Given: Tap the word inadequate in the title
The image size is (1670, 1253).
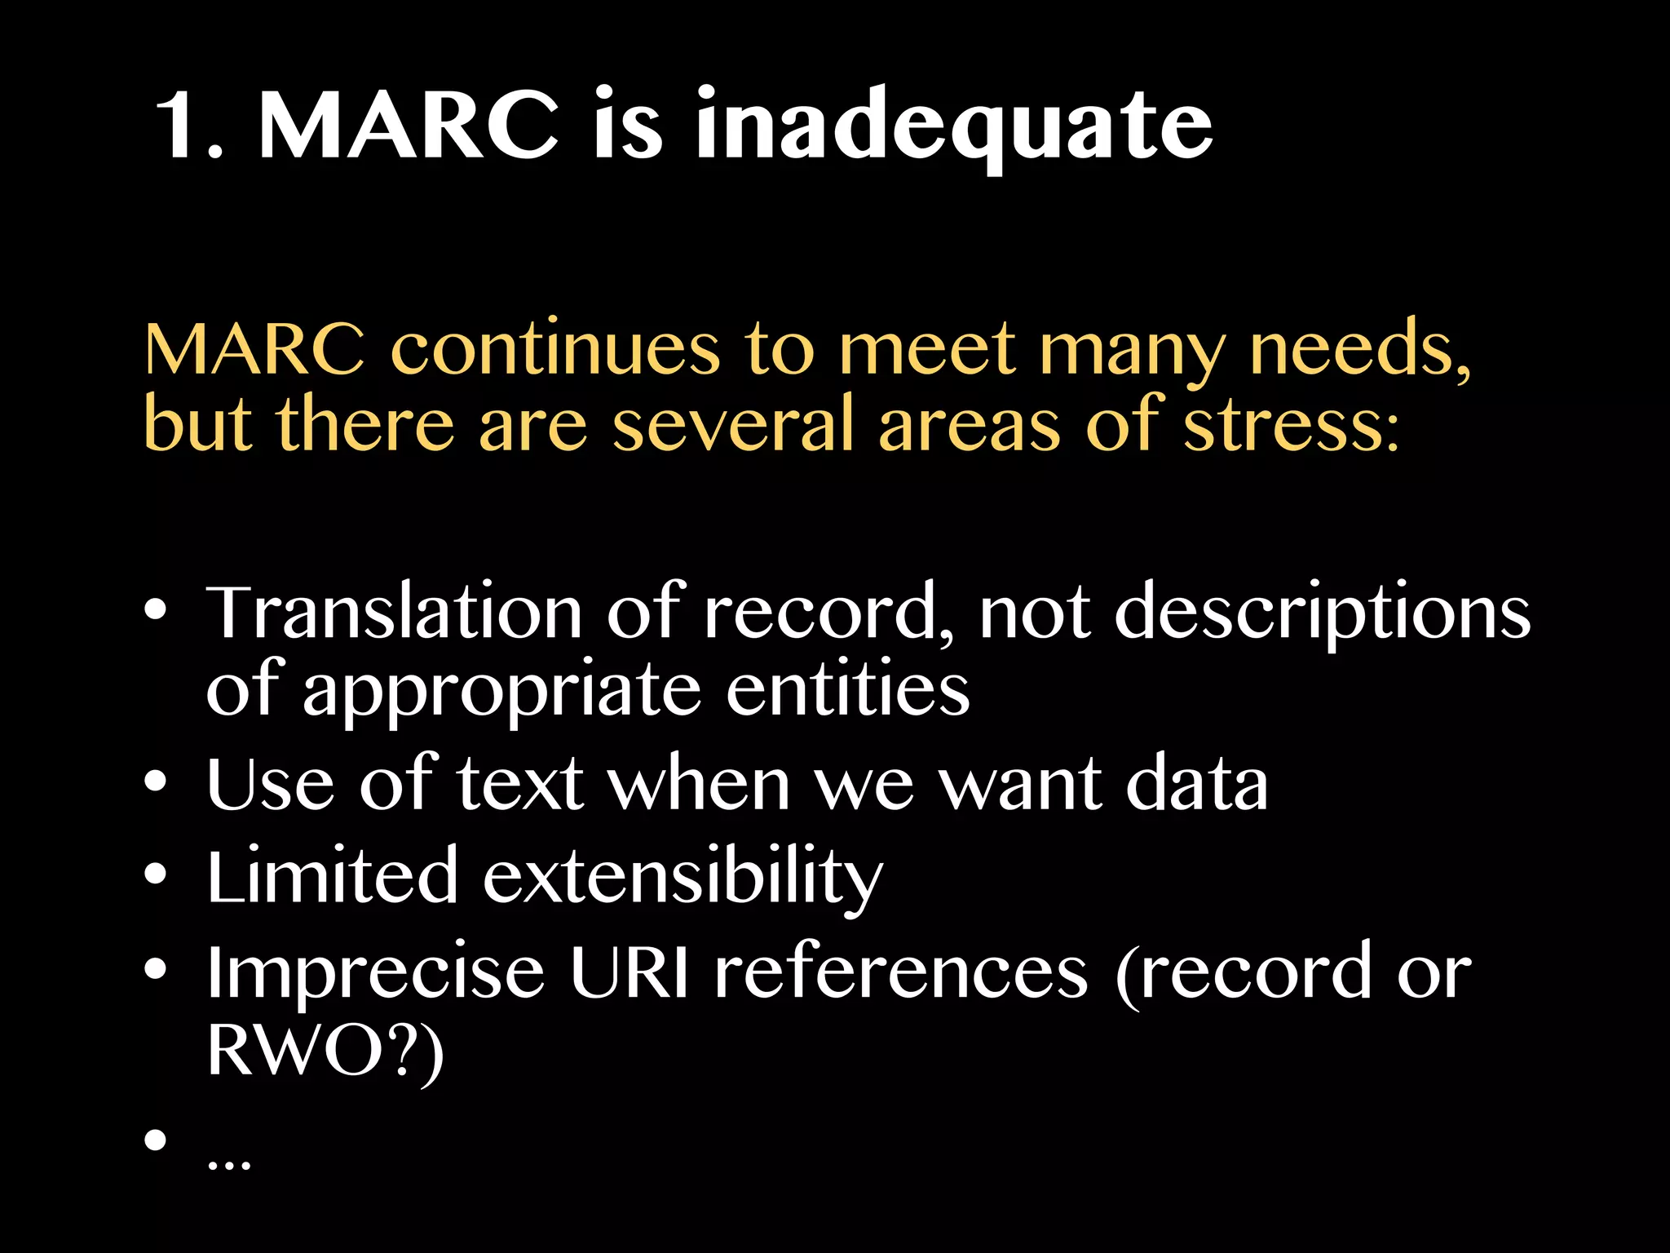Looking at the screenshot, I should [953, 126].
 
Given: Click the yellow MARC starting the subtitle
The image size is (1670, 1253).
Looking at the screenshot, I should [254, 349].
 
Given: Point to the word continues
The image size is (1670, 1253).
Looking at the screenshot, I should [555, 349].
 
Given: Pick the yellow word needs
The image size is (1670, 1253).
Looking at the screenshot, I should [1360, 349].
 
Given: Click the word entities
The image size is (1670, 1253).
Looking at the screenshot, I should [848, 689].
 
